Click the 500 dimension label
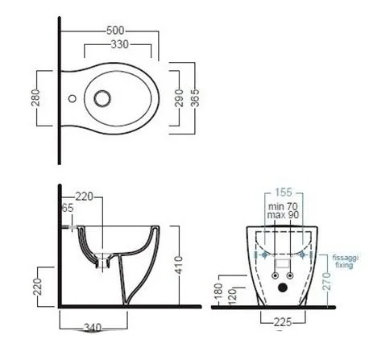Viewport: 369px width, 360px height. [x=115, y=31]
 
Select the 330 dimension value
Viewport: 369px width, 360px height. [x=120, y=44]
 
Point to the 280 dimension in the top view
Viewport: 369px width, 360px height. [x=35, y=97]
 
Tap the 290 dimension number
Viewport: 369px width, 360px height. [x=179, y=98]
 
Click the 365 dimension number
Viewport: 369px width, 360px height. [x=195, y=98]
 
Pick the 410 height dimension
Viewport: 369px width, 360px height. [x=178, y=265]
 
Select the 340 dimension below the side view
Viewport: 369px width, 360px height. [x=93, y=328]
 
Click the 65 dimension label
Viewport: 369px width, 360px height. [x=68, y=208]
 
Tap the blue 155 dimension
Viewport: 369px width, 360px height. [x=284, y=192]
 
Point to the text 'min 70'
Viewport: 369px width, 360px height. [x=283, y=206]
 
